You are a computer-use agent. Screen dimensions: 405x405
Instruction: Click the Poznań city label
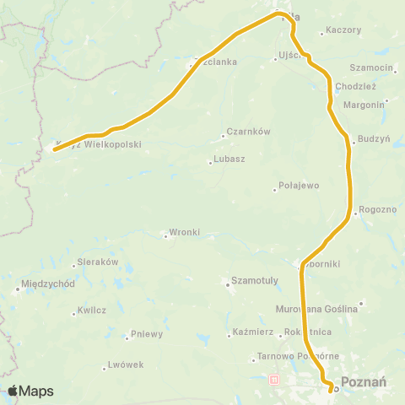(364, 381)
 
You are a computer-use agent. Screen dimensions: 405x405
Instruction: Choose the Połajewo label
(298, 186)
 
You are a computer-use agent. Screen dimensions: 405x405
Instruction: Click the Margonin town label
(364, 105)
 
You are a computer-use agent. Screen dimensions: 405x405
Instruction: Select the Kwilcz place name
(91, 310)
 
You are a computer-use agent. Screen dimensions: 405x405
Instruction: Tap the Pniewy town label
(146, 334)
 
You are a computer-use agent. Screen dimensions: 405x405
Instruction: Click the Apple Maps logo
(30, 391)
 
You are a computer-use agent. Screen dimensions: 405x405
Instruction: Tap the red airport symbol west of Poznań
(273, 381)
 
